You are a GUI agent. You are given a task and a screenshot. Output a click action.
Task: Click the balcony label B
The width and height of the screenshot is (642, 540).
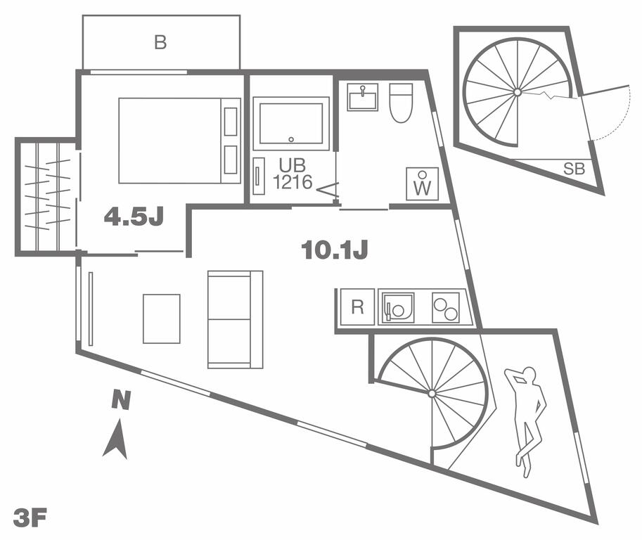(160, 43)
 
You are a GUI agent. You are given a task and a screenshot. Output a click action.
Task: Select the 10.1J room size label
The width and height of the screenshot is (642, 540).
(335, 250)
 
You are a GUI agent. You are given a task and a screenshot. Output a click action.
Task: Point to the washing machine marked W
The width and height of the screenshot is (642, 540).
(422, 184)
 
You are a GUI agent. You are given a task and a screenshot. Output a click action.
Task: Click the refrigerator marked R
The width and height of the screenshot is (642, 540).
(357, 307)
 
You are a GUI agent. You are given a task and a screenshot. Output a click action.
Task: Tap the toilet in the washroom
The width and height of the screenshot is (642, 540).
(401, 101)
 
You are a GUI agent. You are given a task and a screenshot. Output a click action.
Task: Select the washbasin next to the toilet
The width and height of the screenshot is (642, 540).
(363, 96)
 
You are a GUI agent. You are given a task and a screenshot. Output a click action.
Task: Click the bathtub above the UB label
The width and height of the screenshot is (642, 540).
(291, 122)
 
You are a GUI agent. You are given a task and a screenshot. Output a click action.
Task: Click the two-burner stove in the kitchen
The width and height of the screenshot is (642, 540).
(446, 307)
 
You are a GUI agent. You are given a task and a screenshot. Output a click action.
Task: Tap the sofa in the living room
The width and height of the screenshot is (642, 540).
(235, 319)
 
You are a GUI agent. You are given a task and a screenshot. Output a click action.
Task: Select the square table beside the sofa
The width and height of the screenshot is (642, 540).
(162, 319)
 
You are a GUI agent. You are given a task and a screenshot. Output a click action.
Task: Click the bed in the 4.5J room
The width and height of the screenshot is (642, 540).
(179, 140)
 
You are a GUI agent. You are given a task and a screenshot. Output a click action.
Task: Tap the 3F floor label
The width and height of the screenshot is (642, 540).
(30, 520)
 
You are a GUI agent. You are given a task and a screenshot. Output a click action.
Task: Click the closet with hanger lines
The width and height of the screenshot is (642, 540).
(46, 196)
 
